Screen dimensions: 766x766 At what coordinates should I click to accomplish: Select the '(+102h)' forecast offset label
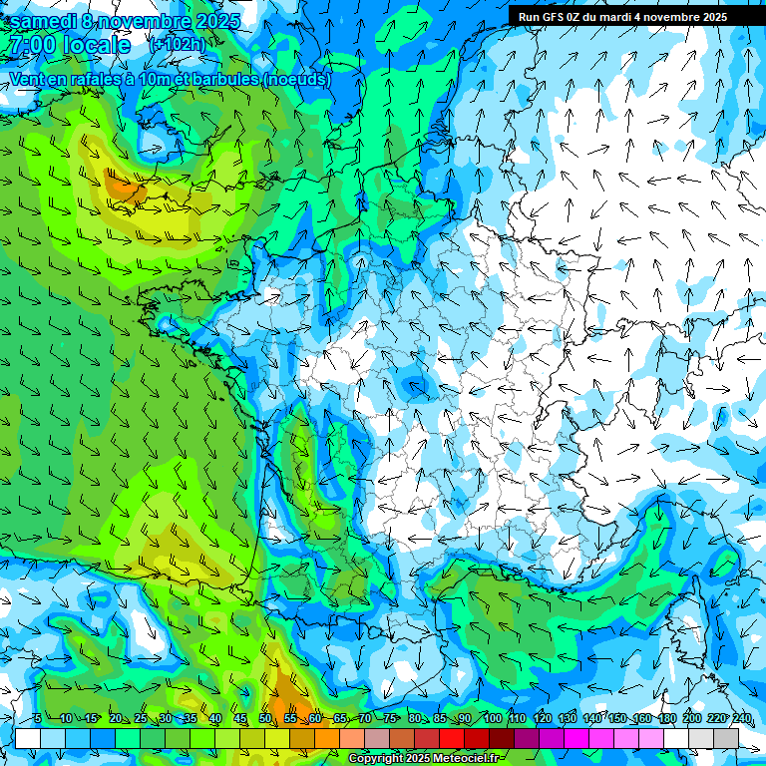click(x=177, y=45)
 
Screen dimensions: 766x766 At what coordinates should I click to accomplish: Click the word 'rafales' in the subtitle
click(x=103, y=79)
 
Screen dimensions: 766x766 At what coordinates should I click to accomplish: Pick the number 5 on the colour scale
click(x=37, y=718)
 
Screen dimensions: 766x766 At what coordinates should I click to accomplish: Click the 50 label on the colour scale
click(x=265, y=718)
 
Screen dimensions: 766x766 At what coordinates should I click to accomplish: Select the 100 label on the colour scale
click(x=493, y=718)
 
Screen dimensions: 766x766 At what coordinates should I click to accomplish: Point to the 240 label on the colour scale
click(x=742, y=718)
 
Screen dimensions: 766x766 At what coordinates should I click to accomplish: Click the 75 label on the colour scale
click(x=390, y=718)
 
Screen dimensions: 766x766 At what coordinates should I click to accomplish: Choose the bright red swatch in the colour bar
click(x=452, y=738)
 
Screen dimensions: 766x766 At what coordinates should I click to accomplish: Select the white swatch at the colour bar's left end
click(x=28, y=738)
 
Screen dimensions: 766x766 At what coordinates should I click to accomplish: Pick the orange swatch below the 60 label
click(x=327, y=738)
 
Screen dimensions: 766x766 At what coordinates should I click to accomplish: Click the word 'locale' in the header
click(x=96, y=45)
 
